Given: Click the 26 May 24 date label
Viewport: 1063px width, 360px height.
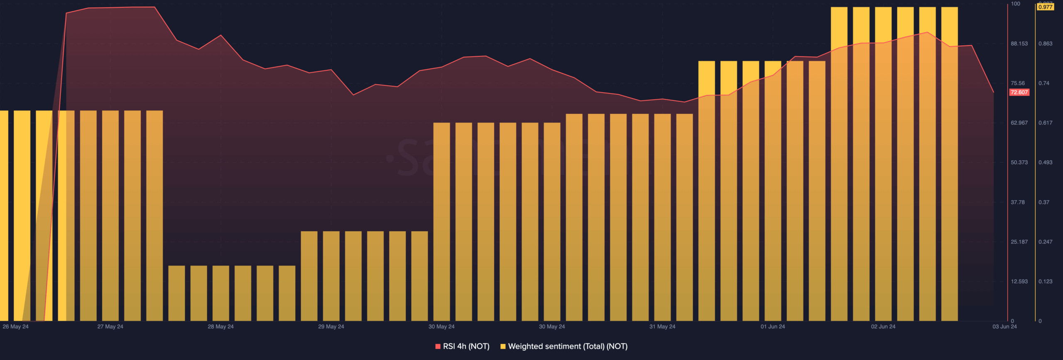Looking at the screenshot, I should coord(16,327).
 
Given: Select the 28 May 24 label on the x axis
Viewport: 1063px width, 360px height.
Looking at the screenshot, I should coord(220,327).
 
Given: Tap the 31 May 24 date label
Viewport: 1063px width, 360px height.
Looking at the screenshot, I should coord(662,327).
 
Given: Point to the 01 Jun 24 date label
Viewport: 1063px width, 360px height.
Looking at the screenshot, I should coord(773,327).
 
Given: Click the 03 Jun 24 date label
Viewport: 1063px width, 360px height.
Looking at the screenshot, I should coord(1004,327).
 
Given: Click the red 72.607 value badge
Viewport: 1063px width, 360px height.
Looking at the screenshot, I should coord(1019,92).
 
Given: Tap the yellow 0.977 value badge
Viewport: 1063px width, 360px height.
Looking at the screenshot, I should coord(1045,7).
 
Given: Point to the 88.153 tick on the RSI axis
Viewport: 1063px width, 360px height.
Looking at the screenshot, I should coord(1019,44).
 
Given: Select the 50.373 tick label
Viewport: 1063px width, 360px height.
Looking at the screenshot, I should coord(1019,162).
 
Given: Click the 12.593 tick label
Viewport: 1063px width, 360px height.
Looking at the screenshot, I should coord(1019,282).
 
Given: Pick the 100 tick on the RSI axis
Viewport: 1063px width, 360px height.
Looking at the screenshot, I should coord(1015,4).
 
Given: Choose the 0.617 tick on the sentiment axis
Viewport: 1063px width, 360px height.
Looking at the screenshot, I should coord(1045,123).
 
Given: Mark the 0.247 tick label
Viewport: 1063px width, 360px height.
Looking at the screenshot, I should coord(1045,242).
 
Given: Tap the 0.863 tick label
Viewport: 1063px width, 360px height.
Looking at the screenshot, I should coord(1045,44).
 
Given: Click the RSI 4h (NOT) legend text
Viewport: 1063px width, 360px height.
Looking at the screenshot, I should coord(466,346).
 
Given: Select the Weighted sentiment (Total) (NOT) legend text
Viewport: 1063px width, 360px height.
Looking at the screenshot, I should coord(568,346).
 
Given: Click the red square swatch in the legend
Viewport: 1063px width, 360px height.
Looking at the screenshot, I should coord(438,346).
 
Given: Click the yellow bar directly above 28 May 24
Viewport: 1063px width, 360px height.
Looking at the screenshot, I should coord(220,293).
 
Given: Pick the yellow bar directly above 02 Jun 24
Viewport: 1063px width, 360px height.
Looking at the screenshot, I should coord(883,166).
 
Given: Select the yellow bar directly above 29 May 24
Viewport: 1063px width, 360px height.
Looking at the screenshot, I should coord(331,276).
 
